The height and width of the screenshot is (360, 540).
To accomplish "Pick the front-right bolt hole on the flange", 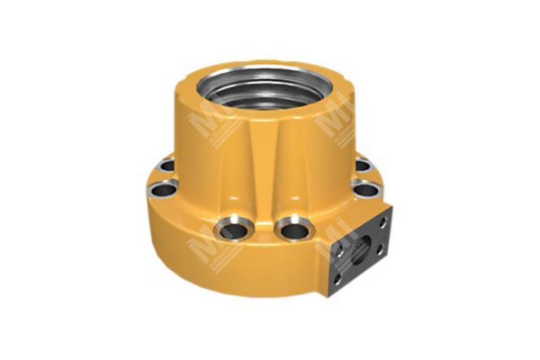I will [x=292, y=230].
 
